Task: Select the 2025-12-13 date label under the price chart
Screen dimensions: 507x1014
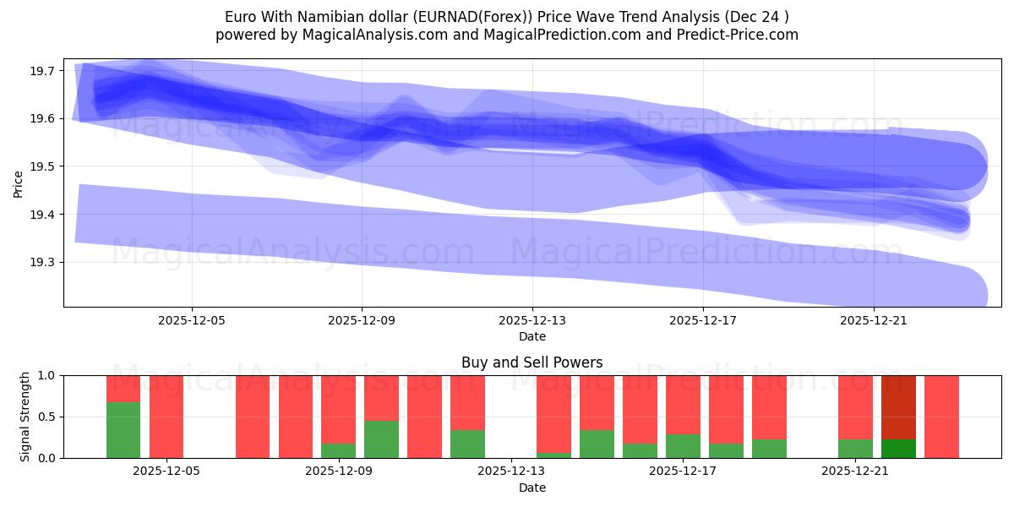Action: (532, 321)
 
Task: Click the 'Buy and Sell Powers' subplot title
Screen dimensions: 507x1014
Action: (532, 363)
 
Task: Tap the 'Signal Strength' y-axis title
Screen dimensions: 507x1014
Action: (25, 417)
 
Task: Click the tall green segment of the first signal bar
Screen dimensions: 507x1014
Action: (123, 430)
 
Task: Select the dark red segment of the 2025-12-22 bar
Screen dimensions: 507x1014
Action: (898, 407)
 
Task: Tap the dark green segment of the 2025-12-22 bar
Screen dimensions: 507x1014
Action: (898, 449)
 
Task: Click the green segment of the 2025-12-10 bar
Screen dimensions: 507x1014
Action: (381, 439)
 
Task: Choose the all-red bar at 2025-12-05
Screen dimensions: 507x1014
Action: (166, 417)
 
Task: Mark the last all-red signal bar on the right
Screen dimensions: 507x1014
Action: (941, 417)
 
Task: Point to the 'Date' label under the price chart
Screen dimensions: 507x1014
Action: (532, 336)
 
